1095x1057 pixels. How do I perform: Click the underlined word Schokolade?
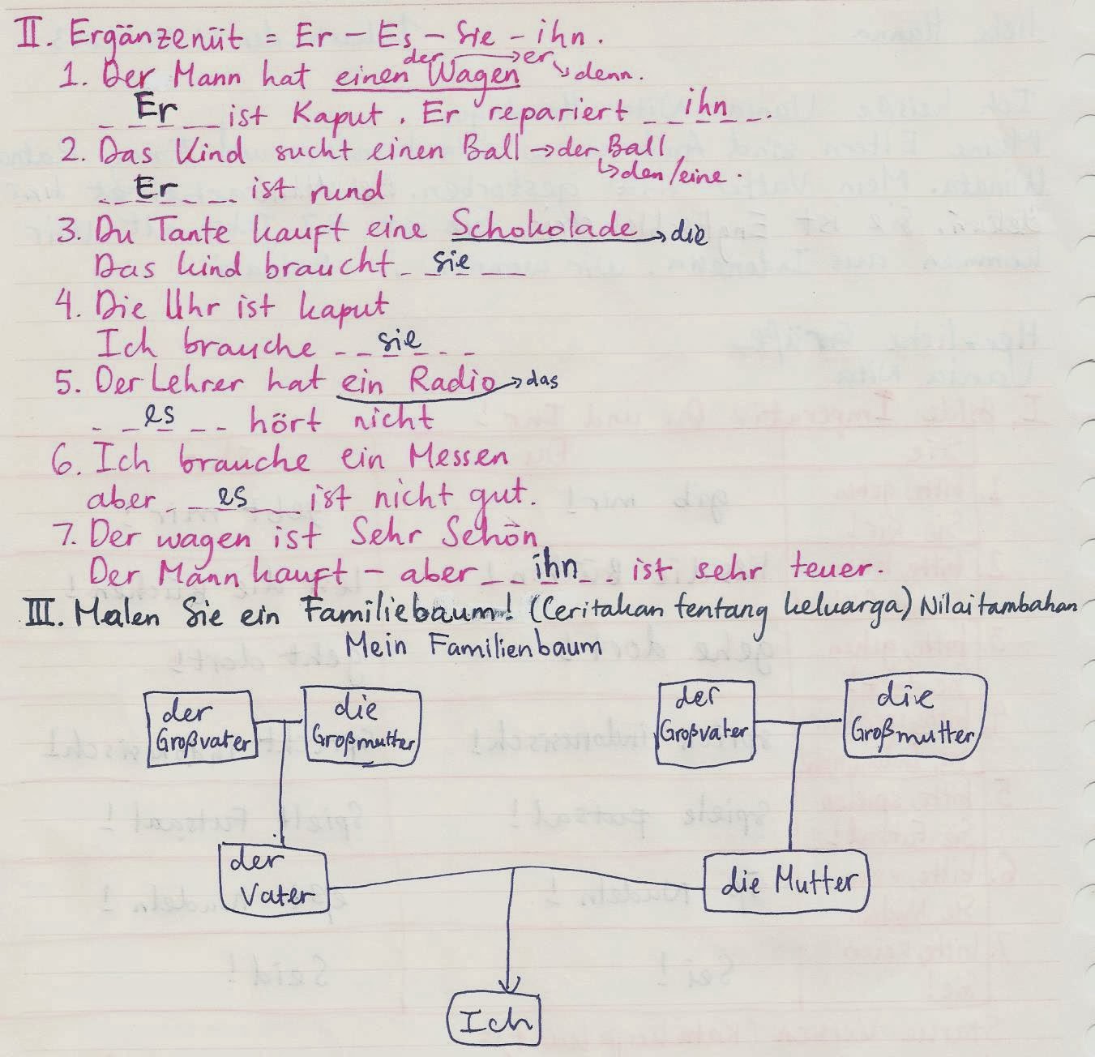coord(544,228)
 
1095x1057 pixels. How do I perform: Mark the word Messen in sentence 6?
coord(458,460)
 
